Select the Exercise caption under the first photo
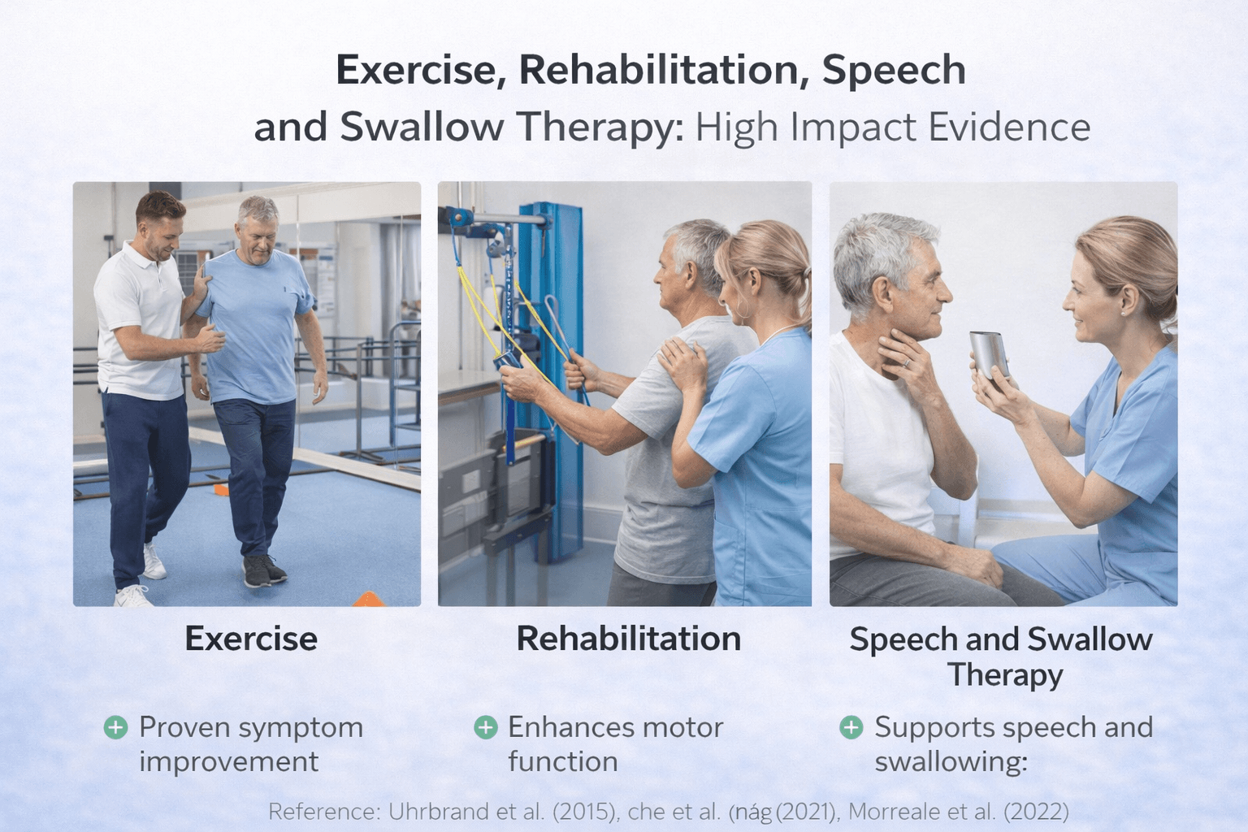(251, 639)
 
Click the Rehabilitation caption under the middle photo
(628, 639)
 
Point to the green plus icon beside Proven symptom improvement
(116, 727)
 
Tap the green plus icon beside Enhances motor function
(485, 727)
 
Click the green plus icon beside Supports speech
(851, 727)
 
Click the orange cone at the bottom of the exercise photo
(368, 600)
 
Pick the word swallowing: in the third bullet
(951, 762)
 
